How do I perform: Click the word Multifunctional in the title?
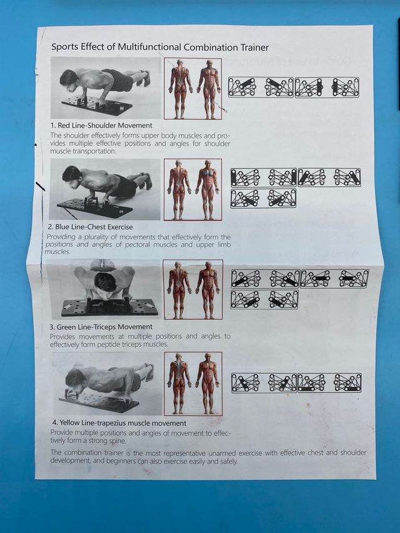pyautogui.click(x=150, y=47)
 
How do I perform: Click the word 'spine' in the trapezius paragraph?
pyautogui.click(x=117, y=441)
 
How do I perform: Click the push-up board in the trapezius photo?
pyautogui.click(x=99, y=401)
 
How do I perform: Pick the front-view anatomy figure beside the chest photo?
pyautogui.click(x=207, y=189)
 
